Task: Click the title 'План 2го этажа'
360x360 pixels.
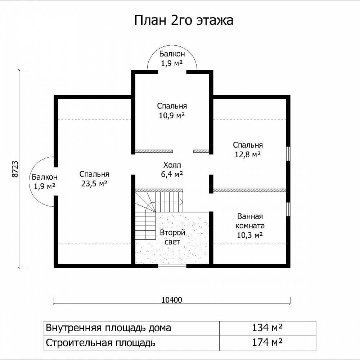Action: coord(184,21)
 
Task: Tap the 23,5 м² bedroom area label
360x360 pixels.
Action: coord(94,184)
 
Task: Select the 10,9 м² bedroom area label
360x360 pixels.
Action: coord(172,115)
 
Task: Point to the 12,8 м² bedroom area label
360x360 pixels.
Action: coord(248,154)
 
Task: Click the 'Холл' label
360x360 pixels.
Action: coord(172,165)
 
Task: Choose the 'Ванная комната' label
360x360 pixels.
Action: coord(250,221)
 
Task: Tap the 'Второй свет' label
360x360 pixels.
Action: coord(172,237)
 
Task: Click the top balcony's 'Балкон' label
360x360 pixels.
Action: coord(172,54)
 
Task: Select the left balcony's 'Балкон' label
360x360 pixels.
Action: coord(45,177)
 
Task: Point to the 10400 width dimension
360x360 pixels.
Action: coord(172,300)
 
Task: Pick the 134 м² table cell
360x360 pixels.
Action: coord(267,328)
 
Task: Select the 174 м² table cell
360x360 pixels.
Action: coord(267,343)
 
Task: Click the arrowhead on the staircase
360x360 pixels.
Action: coord(181,202)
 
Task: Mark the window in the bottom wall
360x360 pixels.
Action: coord(172,266)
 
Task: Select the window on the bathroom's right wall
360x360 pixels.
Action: coord(288,209)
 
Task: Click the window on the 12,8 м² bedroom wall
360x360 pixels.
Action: coord(288,154)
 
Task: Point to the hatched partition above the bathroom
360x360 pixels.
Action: coord(250,190)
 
